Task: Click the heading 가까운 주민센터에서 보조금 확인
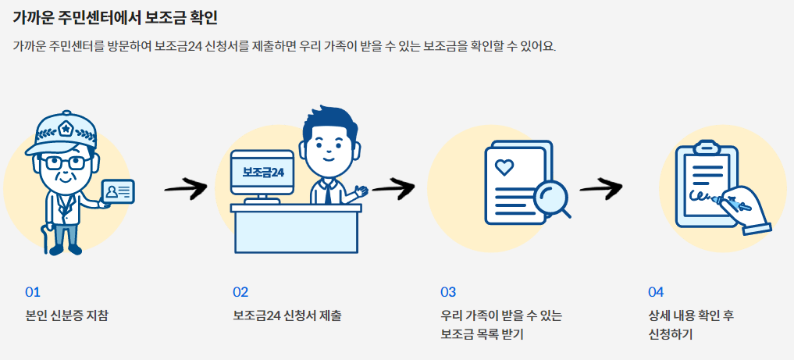point(116,16)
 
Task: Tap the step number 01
point(32,292)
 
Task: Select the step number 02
point(240,292)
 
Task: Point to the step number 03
point(448,292)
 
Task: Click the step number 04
point(656,292)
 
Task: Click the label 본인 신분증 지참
point(67,316)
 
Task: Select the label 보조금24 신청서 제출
point(287,316)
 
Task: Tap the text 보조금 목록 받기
point(482,335)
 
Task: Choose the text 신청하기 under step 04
point(670,335)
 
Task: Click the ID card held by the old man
point(118,191)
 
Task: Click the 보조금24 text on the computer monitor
point(263,172)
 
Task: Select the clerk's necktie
point(328,192)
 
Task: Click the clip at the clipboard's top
point(707,146)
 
